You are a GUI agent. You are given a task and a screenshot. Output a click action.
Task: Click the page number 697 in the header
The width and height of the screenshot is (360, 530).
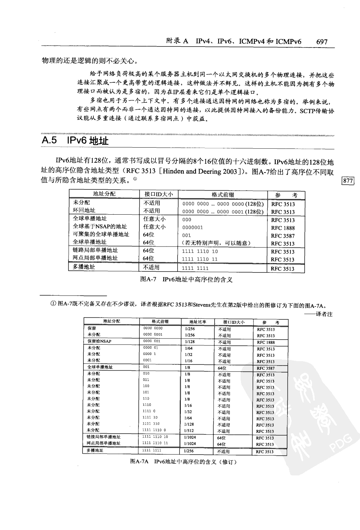coord(321,42)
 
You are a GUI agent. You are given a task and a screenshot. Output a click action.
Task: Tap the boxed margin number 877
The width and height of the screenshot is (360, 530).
coord(348,180)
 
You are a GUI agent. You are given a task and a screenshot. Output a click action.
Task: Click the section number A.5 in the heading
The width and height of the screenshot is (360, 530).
coord(50,140)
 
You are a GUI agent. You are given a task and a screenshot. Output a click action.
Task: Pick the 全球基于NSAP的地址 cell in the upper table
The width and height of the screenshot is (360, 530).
coord(100,227)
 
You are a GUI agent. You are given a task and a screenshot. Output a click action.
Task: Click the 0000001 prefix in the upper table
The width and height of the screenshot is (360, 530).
coord(192,227)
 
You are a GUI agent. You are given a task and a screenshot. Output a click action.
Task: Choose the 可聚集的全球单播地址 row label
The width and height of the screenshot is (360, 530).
coord(101,234)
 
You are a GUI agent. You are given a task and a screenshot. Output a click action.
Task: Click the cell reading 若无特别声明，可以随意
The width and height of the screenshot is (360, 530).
coord(216,243)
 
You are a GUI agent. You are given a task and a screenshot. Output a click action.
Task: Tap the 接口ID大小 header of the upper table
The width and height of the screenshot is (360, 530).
coord(159,194)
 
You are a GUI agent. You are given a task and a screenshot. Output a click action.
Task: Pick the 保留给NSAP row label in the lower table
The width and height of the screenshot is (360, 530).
coord(99,341)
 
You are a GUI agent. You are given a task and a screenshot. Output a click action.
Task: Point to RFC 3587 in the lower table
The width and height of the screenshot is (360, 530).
coord(266,368)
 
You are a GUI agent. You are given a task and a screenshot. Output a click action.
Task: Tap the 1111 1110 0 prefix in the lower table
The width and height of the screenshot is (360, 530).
coord(155,430)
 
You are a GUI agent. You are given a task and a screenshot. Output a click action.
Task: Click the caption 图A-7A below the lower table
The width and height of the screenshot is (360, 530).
coord(139,462)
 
